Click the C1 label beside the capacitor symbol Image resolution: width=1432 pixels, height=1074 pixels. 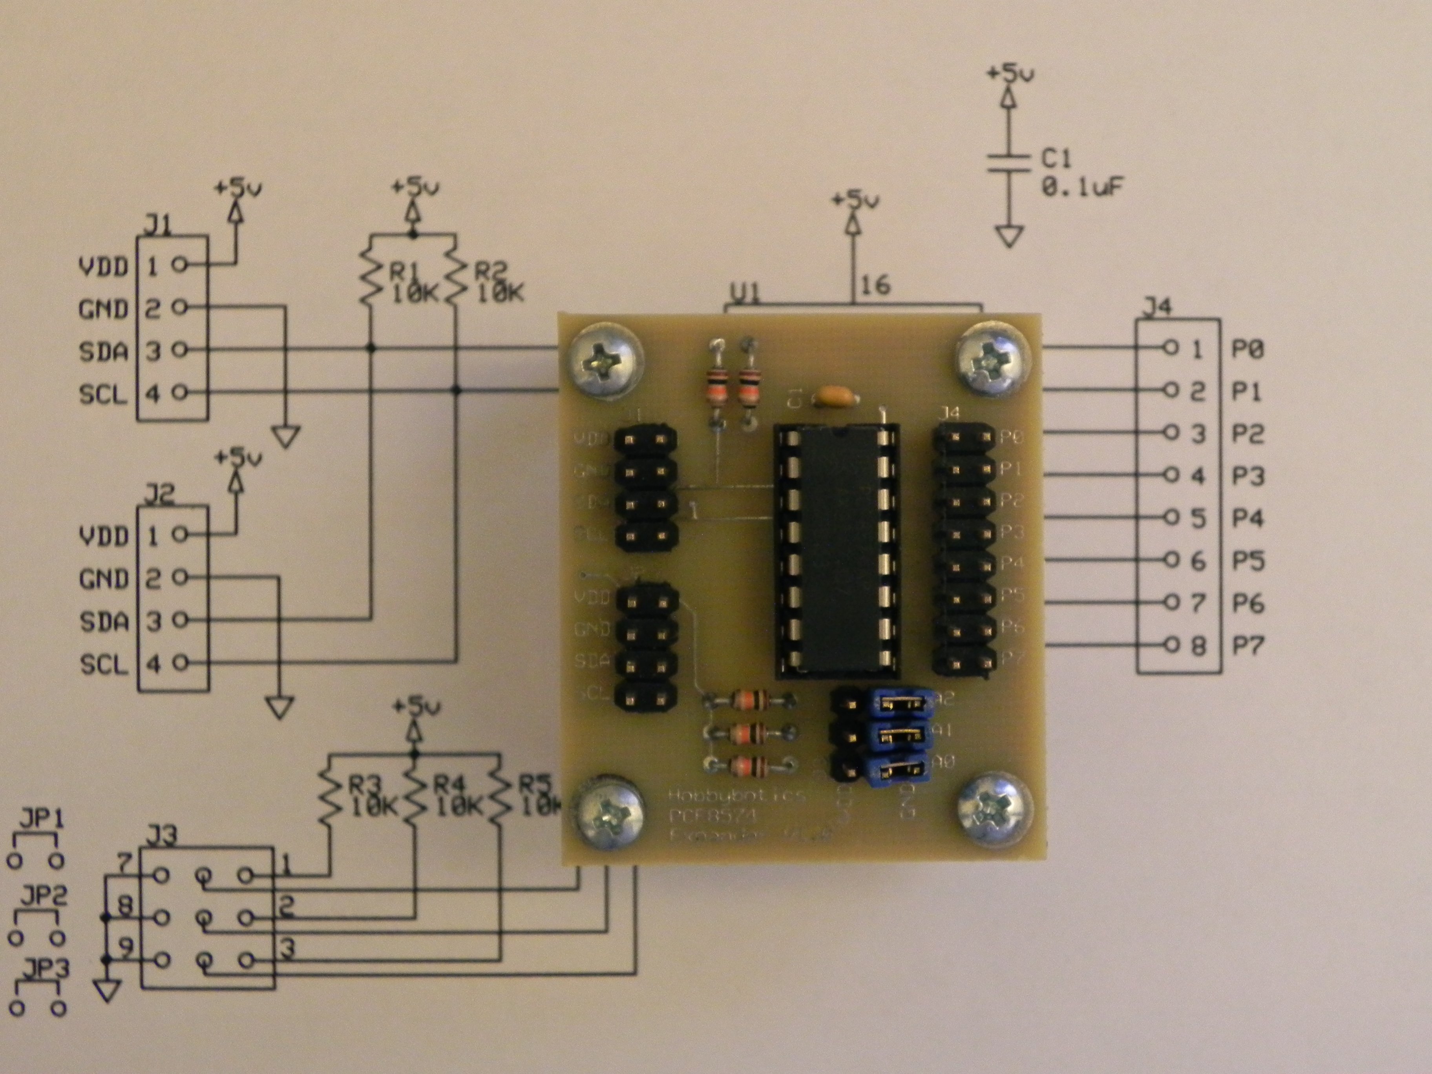(x=1056, y=159)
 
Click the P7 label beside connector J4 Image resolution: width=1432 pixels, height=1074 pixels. (x=1248, y=645)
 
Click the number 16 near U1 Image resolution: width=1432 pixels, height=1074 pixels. (x=875, y=284)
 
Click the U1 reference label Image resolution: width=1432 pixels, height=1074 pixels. (x=745, y=295)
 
